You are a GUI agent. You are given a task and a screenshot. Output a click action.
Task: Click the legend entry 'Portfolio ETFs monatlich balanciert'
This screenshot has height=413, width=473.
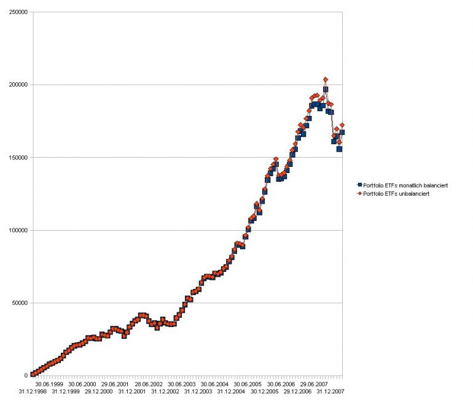coord(406,185)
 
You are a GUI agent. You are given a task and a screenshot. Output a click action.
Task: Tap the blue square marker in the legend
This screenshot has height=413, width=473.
coord(359,185)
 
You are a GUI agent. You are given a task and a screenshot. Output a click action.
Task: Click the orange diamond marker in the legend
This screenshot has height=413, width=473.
coord(359,193)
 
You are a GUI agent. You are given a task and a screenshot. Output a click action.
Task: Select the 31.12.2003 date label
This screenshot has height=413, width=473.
coord(198,391)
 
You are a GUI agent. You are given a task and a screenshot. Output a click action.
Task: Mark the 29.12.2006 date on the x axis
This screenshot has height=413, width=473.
coord(297,391)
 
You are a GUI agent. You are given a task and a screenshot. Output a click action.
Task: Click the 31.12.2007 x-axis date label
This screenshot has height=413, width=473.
coord(330,391)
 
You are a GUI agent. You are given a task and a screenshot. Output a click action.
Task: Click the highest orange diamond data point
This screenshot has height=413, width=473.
coord(325,79)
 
